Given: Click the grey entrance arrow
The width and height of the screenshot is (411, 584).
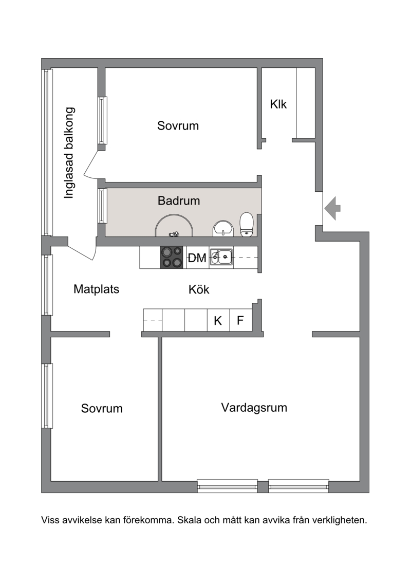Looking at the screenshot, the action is (332, 208).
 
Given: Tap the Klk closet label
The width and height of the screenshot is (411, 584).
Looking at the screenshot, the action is (278, 104).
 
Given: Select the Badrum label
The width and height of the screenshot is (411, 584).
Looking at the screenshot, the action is (179, 200).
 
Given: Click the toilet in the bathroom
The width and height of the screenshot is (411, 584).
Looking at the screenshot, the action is (247, 225).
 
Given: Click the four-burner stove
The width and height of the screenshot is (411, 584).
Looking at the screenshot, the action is (172, 258).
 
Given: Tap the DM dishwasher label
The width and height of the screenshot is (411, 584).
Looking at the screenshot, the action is (197, 258).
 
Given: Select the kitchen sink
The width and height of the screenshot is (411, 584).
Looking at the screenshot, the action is (221, 257).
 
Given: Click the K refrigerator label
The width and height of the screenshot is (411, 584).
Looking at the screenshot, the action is (218, 320).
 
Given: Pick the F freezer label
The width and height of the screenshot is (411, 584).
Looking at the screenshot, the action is (240, 320).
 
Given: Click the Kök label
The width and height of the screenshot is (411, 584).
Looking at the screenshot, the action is (199, 289).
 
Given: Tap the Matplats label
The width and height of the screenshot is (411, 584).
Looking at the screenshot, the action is (97, 289).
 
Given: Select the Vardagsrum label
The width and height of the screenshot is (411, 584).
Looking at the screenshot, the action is (254, 408).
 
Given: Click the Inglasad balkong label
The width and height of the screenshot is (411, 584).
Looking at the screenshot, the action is (69, 153).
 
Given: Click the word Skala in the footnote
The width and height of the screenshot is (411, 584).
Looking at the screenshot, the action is (189, 520).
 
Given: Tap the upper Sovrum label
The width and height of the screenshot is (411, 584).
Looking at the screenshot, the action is (178, 125).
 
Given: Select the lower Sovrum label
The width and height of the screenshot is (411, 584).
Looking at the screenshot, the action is (102, 408).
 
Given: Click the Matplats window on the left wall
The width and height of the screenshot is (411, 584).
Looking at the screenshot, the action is (46, 285).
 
